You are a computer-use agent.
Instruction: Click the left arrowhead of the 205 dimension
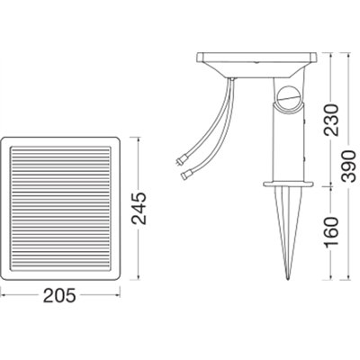click(4, 295)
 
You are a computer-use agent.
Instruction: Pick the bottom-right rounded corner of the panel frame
click(118, 274)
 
